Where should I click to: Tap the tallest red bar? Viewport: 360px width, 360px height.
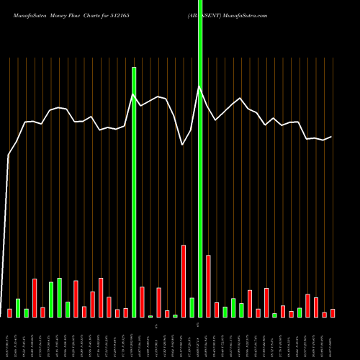184,281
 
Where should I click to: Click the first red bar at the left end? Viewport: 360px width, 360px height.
9,313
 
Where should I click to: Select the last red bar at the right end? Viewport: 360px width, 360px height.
333,313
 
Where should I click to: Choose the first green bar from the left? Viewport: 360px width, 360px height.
18,308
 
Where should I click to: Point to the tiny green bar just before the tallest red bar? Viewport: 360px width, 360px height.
175,316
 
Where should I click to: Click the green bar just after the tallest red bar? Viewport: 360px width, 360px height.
192,307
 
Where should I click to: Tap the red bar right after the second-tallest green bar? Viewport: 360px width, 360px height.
142,302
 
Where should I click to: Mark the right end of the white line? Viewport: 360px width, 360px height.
332,137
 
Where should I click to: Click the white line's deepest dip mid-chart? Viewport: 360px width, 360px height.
183,145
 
